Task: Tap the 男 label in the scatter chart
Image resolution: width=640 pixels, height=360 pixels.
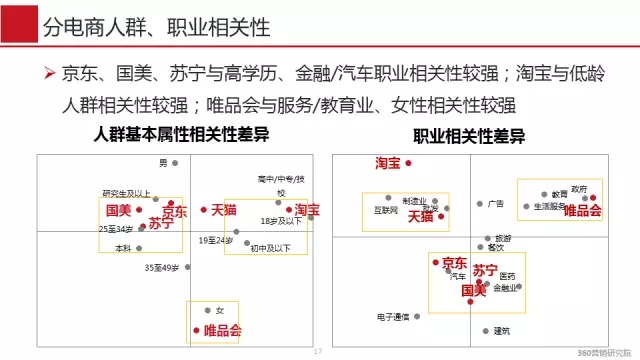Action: point(164,163)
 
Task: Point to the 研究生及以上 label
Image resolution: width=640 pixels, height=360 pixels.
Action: point(127,193)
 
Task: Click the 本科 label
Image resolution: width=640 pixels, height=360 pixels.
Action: point(123,248)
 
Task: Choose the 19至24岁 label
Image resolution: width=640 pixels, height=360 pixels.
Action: point(214,240)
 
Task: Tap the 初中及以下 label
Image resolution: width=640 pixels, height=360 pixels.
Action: point(270,247)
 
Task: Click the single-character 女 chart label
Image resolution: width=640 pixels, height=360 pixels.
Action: point(220,310)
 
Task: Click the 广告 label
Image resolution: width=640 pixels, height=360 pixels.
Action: point(495,203)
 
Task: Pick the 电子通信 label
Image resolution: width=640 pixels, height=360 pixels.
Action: point(393,317)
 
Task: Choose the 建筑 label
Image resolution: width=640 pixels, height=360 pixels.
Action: point(501,330)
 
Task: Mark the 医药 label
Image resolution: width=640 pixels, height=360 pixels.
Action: point(508,276)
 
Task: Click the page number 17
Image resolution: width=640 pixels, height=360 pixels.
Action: point(319,351)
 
